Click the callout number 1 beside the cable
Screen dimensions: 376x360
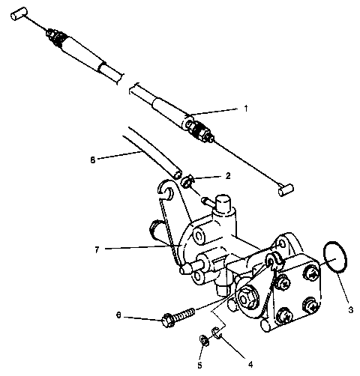pyautogui.click(x=244, y=108)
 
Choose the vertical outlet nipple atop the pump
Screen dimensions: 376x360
pyautogui.click(x=223, y=202)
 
